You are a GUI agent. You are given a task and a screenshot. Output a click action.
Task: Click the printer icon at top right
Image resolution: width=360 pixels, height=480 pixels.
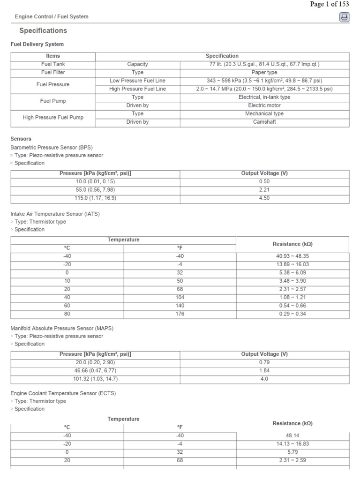pos(344,17)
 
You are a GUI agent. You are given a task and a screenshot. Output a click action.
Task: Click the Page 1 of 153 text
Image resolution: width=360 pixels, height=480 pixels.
pos(330,4)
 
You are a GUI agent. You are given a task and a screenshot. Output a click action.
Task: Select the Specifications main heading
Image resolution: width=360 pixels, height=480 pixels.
pos(43,30)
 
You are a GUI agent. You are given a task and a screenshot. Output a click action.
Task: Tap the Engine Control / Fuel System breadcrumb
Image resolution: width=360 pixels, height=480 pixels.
pos(52,16)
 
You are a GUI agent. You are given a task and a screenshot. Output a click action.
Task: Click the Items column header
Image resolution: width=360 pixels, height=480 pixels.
pos(53,56)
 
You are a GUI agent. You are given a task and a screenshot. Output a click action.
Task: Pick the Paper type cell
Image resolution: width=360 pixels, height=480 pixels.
pos(264,73)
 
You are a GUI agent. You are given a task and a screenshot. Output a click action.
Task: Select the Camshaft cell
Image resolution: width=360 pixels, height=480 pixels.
pos(264,122)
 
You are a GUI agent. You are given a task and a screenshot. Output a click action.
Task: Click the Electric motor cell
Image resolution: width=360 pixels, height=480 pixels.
pos(264,105)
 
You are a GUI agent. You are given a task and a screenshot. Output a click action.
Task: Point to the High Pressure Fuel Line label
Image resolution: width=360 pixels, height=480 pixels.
pos(137,89)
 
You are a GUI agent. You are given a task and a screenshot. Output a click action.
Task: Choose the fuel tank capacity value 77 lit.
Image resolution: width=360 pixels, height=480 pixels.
pos(264,64)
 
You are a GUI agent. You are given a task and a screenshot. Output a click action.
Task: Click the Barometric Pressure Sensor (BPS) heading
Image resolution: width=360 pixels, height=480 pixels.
pos(46,147)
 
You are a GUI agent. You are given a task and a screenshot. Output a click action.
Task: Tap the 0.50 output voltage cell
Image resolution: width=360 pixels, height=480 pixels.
pos(264,181)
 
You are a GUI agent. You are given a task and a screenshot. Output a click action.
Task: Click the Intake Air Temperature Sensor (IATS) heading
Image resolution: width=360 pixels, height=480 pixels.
pos(55,214)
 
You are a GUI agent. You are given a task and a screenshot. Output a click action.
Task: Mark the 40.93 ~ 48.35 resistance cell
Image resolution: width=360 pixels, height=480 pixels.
pos(292,256)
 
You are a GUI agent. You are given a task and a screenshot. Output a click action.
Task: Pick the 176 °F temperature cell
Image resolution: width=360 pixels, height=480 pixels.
pos(180,314)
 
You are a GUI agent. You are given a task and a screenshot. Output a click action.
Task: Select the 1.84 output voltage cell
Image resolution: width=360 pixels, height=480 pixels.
pos(264,371)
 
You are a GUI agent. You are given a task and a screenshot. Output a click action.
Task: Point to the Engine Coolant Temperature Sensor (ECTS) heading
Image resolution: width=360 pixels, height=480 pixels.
pos(63,393)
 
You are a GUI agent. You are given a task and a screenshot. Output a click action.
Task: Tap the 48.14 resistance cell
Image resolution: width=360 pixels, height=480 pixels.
pos(292,435)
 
